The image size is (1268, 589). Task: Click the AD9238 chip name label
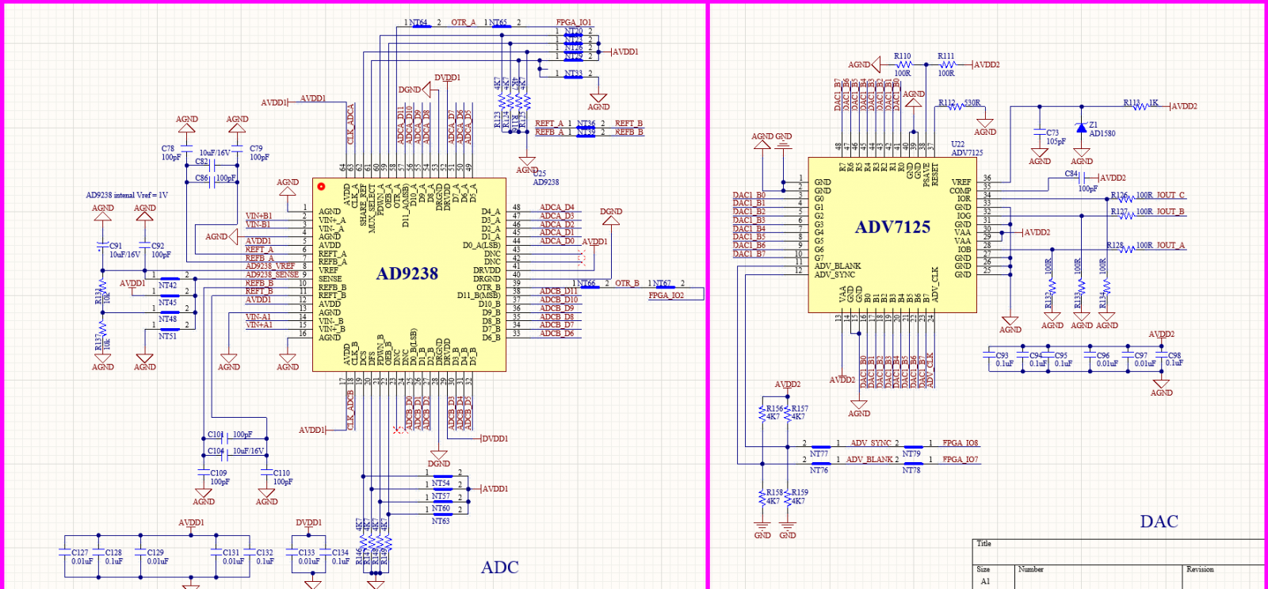pos(407,274)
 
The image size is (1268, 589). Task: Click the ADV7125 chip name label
pos(892,228)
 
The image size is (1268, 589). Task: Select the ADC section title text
pos(500,568)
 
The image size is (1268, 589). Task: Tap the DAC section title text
pos(1159,522)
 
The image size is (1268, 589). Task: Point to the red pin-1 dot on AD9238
pos(321,186)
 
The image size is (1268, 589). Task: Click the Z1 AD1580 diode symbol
pos(1081,128)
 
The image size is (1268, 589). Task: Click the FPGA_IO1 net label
pos(574,22)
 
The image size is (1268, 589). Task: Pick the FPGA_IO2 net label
pos(666,296)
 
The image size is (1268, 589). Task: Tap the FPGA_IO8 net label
pos(961,443)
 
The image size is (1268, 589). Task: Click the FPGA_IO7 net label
pos(961,460)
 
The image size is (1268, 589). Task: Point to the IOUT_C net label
pos(1171,195)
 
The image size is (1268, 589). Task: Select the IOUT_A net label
pos(1171,246)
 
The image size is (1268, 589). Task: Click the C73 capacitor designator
pos(1052,133)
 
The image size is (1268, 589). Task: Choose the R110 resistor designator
pos(903,56)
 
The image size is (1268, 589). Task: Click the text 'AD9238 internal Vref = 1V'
pos(127,195)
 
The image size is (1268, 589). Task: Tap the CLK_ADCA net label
pos(350,124)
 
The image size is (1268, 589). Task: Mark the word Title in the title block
pos(984,544)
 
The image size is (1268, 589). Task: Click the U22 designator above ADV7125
pos(958,144)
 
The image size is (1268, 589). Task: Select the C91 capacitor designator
pos(116,247)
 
